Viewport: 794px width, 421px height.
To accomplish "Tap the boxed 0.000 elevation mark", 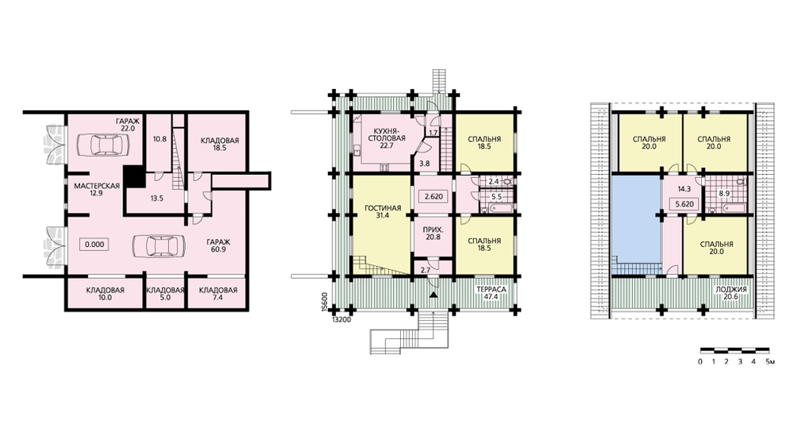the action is (94, 244).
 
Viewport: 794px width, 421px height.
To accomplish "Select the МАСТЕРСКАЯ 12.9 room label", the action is (97, 190).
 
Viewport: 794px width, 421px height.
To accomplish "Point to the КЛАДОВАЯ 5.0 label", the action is (165, 294).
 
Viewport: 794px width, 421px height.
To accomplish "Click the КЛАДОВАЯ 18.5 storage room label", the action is (219, 145).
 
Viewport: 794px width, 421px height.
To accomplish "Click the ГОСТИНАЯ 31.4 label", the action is (383, 212).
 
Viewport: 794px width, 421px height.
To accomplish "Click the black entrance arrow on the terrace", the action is (433, 295).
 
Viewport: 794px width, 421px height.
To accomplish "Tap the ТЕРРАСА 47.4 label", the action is (491, 294).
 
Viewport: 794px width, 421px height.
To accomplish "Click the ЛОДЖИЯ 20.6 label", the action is (730, 294).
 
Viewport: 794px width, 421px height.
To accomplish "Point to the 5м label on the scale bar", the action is (770, 361).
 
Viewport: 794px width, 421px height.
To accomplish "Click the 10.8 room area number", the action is (160, 138).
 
